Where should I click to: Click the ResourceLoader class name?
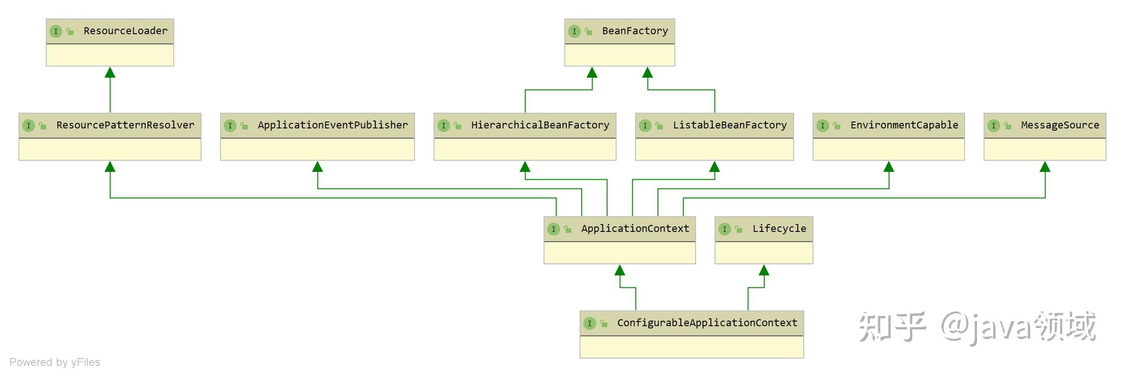click(x=125, y=31)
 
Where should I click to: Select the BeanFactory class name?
click(x=635, y=31)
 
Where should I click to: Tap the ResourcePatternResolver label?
click(x=125, y=125)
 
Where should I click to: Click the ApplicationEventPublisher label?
click(x=333, y=125)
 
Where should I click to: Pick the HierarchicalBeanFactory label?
click(x=540, y=125)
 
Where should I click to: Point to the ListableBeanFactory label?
click(x=729, y=125)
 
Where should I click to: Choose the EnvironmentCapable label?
click(x=904, y=125)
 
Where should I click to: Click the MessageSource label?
click(x=1060, y=125)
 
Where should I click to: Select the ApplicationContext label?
click(x=635, y=229)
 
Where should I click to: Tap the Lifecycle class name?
click(x=779, y=229)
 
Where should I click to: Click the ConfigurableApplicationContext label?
click(x=707, y=323)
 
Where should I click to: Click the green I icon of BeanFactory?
click(x=574, y=31)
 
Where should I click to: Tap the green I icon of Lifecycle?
click(x=724, y=229)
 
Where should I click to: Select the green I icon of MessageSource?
click(x=993, y=126)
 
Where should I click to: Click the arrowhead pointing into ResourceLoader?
click(x=110, y=73)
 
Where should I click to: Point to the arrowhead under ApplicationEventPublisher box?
click(x=318, y=167)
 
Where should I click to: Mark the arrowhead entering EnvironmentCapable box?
click(x=888, y=167)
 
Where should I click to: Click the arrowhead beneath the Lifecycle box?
click(x=764, y=270)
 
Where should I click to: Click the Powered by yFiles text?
click(x=55, y=362)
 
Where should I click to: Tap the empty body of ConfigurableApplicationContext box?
click(x=691, y=347)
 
